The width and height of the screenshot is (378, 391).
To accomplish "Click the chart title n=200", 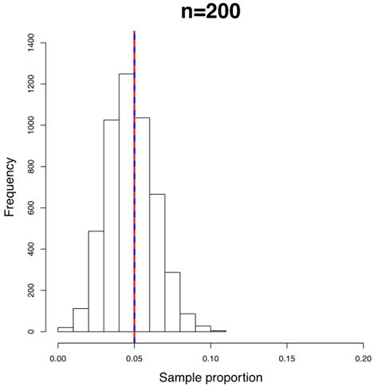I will [211, 14].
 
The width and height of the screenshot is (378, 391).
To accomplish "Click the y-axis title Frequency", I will [10, 188].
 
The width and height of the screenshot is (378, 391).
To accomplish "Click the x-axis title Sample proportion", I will [211, 375].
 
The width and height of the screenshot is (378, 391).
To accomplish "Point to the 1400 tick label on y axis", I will [30, 42].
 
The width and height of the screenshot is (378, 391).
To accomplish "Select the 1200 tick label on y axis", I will [30, 84].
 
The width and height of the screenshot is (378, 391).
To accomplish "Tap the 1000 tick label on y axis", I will [30, 125].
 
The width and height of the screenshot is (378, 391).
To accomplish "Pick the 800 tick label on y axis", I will [30, 167].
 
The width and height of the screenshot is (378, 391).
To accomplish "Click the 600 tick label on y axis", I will [30, 207].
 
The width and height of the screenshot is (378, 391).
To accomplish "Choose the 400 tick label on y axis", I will [30, 249].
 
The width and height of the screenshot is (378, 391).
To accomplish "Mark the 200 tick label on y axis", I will [30, 290].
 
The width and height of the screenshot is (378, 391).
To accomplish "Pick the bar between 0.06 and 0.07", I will [157, 263].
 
